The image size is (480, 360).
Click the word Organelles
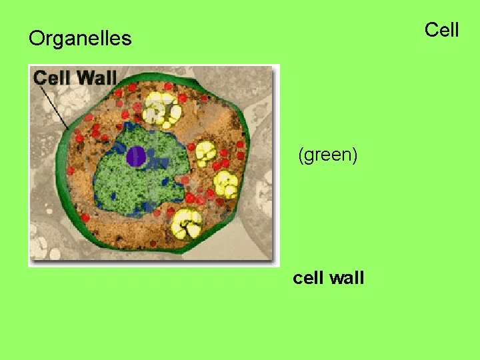coord(80,39)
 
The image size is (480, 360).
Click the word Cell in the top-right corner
coord(442,30)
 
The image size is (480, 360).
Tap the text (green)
coord(328,155)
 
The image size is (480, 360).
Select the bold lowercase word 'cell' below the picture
coord(309,277)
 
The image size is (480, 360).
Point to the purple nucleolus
coord(136,156)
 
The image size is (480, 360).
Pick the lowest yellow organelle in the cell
coord(186,224)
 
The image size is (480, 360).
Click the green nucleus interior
coord(143,180)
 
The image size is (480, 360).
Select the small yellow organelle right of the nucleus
coord(205,153)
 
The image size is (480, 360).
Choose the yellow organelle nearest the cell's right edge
coord(225,183)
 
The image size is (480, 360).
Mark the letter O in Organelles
coord(35,39)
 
